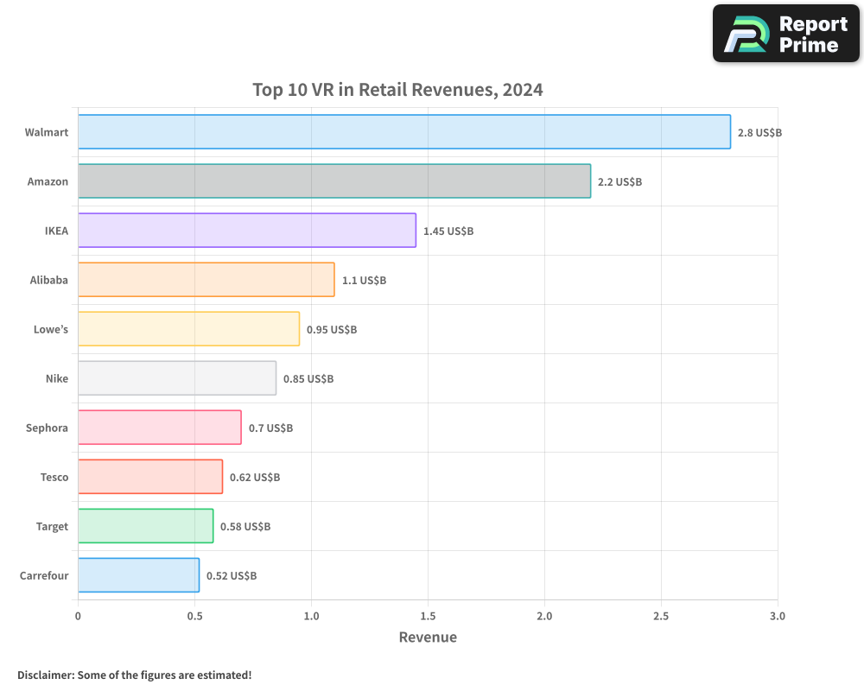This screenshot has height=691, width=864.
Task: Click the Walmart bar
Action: pos(404,132)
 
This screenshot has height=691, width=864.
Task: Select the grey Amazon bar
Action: pos(334,181)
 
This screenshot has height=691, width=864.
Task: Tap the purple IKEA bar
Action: pos(247,231)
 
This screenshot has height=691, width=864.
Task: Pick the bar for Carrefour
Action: pos(138,575)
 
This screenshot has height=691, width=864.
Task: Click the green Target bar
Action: pos(145,526)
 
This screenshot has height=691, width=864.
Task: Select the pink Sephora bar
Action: pos(159,428)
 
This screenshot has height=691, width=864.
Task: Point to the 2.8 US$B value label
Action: pos(759,133)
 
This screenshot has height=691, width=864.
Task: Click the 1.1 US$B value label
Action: pos(364,281)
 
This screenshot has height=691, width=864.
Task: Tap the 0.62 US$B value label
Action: pos(255,477)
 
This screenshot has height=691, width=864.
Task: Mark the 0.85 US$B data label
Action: pos(308,379)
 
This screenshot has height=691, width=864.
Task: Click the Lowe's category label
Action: pos(49,329)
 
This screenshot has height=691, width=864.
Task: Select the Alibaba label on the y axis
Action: pos(48,280)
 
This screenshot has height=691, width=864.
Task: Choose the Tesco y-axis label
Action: pos(54,477)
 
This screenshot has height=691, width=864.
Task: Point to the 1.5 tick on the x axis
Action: pos(428,617)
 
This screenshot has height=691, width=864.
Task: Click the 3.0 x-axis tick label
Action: pos(778,617)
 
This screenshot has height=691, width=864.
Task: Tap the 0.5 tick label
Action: pos(194,617)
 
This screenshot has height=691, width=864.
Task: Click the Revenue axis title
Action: pos(428,637)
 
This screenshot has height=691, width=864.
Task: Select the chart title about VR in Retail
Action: pos(397,90)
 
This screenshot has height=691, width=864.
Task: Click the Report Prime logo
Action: pos(785,34)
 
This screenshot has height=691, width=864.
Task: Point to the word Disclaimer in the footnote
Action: pos(45,675)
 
